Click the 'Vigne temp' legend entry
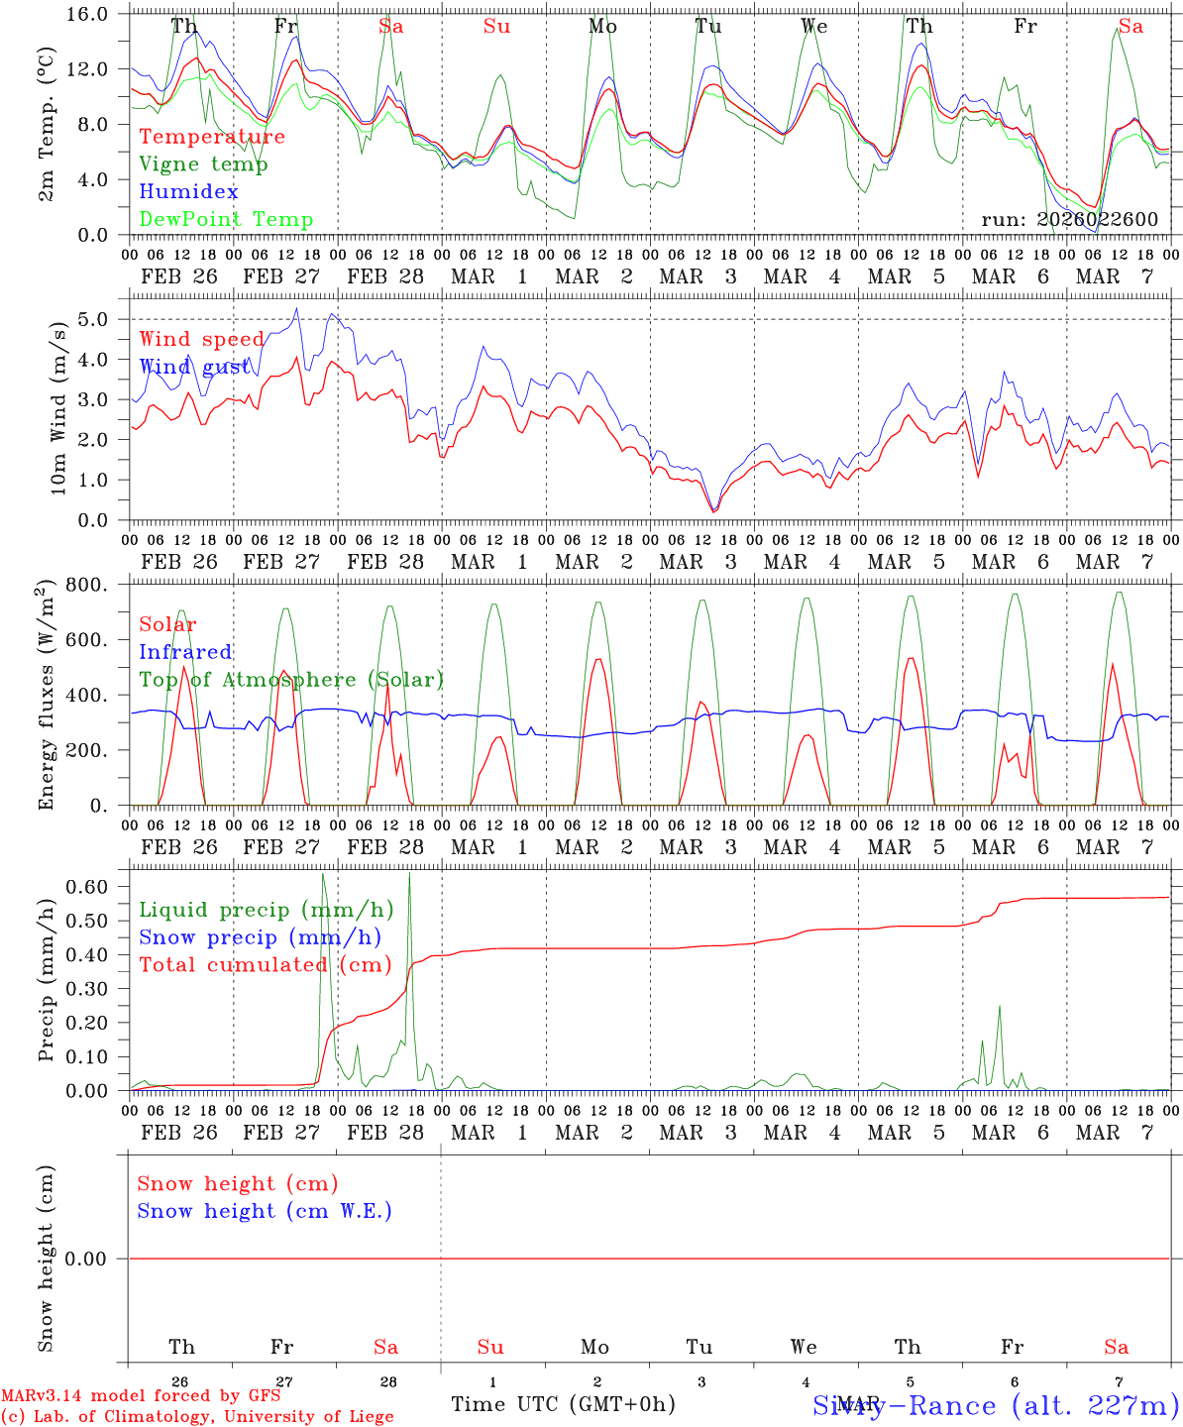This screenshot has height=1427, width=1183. click(x=203, y=165)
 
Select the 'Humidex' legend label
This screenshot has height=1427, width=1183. click(x=189, y=192)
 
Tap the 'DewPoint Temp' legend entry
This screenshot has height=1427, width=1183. click(x=226, y=220)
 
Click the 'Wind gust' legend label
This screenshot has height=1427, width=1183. click(x=195, y=367)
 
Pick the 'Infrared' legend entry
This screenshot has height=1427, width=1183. click(x=185, y=652)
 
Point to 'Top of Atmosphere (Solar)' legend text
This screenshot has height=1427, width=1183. click(x=291, y=680)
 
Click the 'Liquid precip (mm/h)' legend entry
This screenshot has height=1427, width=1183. click(x=267, y=910)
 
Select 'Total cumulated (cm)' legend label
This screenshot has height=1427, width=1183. click(x=266, y=965)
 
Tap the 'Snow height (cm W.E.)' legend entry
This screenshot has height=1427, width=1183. click(x=265, y=1211)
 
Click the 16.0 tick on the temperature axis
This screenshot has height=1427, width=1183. click(x=90, y=14)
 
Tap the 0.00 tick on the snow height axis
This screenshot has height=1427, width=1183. click(x=90, y=1259)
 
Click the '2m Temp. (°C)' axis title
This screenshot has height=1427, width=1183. click(x=46, y=124)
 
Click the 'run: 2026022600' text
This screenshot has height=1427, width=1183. click(x=1069, y=220)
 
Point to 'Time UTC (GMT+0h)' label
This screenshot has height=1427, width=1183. click(x=563, y=1404)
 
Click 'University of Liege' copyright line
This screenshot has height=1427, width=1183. click(x=197, y=1416)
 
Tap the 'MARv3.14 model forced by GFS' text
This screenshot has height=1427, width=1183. click(x=141, y=1396)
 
